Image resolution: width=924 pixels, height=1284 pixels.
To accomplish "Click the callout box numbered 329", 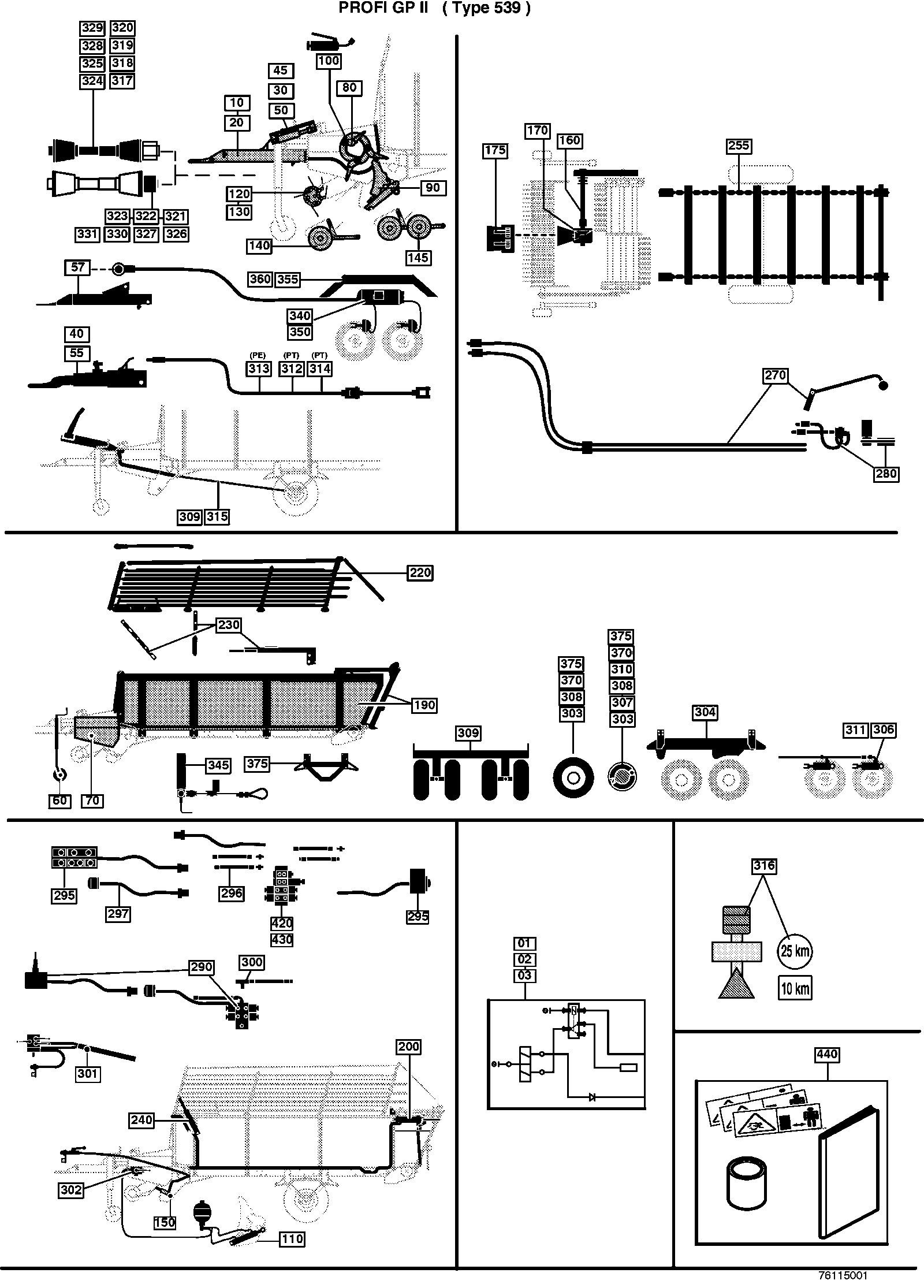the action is pos(92,28).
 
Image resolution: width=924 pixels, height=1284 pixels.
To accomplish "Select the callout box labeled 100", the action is pos(329,61).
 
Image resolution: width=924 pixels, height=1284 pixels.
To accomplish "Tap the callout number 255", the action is pos(739,146).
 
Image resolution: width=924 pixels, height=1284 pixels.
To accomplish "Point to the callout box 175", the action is pos(495,150).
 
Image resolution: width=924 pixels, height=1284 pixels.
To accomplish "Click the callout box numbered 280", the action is pos(886,474).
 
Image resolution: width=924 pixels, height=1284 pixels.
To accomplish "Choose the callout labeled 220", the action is pos(420,572).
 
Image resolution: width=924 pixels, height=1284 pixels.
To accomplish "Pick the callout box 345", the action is pos(219,765).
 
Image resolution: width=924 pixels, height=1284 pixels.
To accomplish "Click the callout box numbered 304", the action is pos(706,713).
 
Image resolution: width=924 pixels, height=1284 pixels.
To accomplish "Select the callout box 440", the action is pos(827,1054).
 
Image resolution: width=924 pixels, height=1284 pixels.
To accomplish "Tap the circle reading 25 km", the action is pos(795,950).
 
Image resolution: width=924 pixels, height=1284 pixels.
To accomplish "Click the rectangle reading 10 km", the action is pos(795,989).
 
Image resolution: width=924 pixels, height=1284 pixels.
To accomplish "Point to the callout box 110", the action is pos(292,1239).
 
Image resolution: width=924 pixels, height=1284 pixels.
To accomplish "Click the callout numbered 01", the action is pos(525,943).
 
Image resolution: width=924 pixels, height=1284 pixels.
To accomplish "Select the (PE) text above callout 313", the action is pos(258,355).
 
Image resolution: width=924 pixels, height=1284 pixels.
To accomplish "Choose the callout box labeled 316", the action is pos(763,866).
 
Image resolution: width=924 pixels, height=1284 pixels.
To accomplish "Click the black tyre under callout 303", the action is pos(573,778).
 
